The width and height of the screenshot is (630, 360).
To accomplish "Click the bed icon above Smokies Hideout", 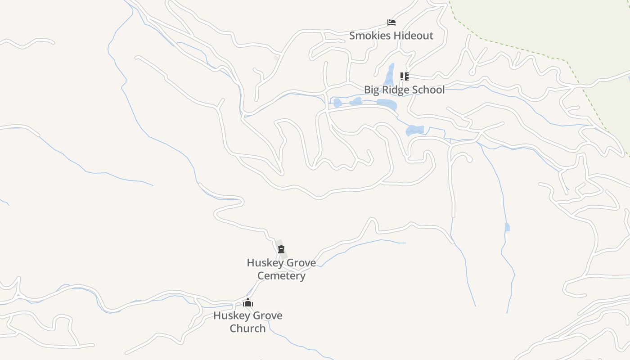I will pos(391,22).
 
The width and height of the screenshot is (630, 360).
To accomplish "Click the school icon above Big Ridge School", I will pos(404,76).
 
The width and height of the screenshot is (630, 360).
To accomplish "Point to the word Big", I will pos(371,90).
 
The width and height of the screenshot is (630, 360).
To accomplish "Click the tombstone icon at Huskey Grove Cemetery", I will pos(281,249).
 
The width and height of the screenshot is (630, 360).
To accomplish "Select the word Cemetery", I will pos(281,275).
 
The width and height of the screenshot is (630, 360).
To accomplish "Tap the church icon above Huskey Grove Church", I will pos(248,302).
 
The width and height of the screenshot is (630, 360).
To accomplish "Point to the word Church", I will pos(248,328).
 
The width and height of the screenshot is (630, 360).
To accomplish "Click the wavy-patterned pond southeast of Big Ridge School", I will pos(414,130).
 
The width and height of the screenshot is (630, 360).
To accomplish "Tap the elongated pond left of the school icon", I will pos(389,75).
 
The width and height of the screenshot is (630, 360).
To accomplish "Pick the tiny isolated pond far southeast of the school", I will pos(507,227).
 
